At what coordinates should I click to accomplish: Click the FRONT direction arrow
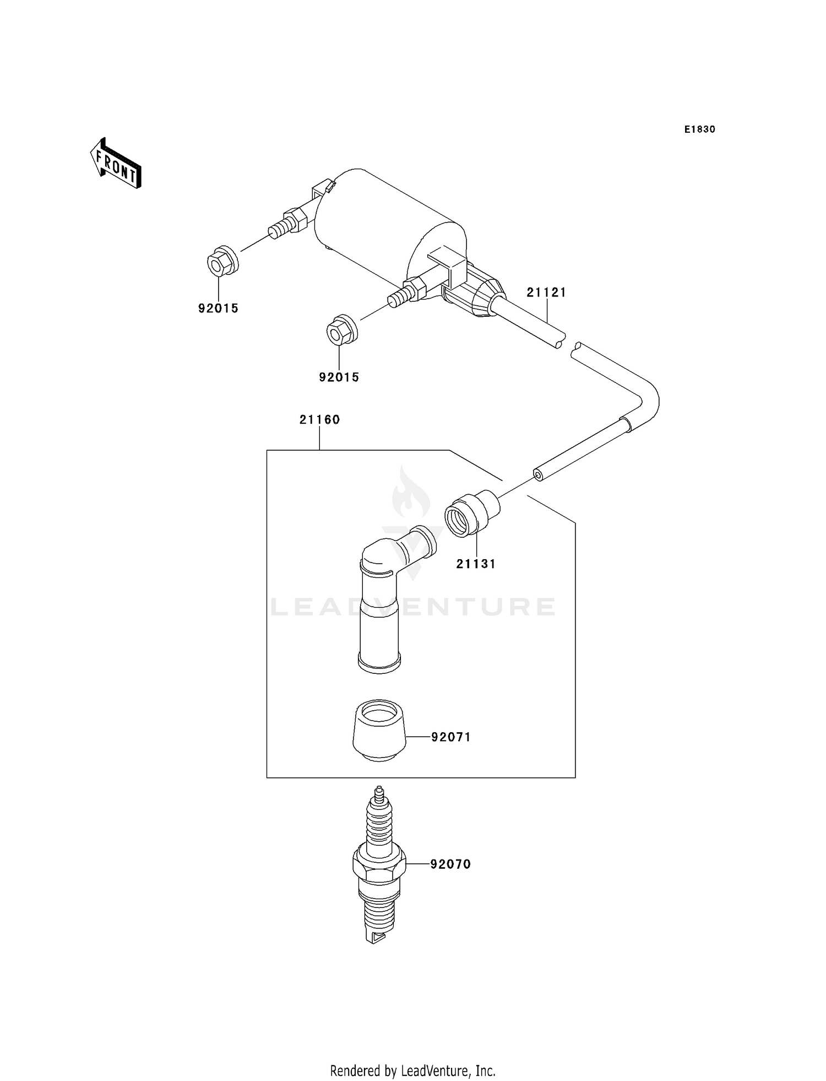click(116, 164)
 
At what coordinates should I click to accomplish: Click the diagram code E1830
click(700, 129)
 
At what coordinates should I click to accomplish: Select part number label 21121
click(546, 293)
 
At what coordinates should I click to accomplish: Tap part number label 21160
click(320, 420)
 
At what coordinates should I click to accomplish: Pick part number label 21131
click(476, 564)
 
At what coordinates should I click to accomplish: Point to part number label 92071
click(451, 737)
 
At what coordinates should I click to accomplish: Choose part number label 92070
click(451, 864)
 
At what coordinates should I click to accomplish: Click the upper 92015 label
click(219, 309)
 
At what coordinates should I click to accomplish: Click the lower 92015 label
click(339, 377)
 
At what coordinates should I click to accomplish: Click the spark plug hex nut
click(379, 864)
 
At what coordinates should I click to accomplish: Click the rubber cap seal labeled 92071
click(379, 731)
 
